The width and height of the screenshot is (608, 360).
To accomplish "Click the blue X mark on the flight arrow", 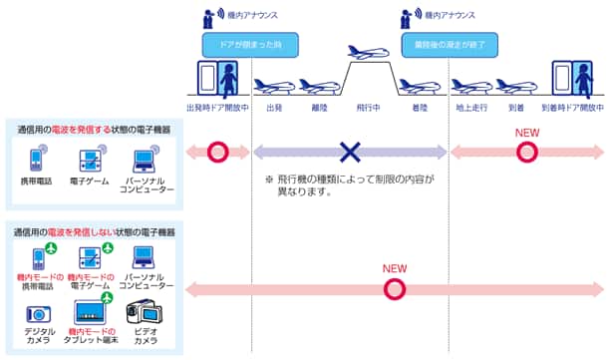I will point(349,152).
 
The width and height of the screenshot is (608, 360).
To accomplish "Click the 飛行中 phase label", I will point(357,108).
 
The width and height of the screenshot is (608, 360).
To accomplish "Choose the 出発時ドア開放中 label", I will point(217,108).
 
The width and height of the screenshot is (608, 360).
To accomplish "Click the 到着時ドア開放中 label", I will point(572,108).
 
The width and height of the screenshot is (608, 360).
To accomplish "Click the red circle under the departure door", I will point(217,152).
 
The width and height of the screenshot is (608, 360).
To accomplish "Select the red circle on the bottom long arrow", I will point(396,289).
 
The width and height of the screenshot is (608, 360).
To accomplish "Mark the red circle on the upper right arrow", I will point(527,152).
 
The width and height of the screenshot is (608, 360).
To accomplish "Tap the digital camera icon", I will point(40,313).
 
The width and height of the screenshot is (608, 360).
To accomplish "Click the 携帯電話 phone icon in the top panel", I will point(36,161).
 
